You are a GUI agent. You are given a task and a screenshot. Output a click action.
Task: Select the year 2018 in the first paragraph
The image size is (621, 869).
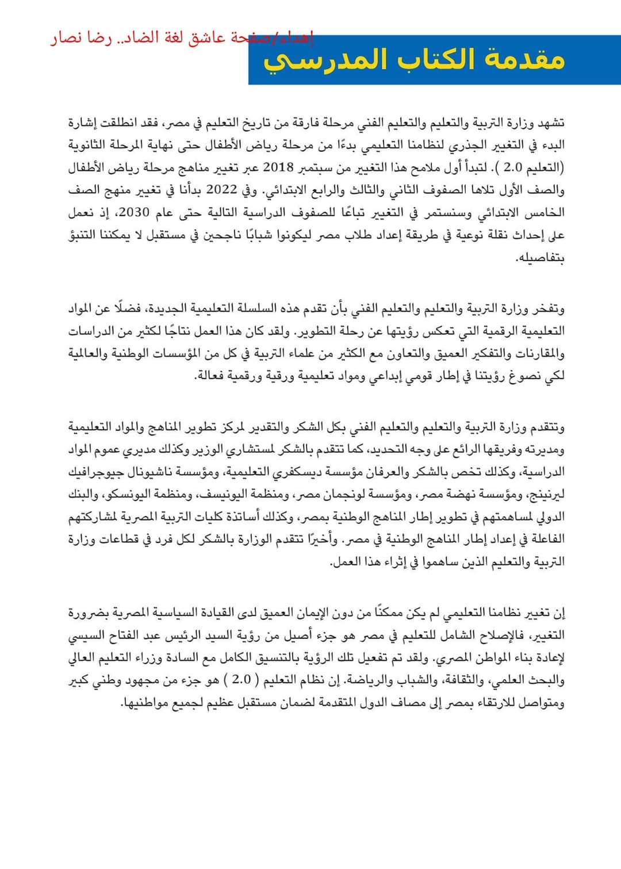(x=278, y=167)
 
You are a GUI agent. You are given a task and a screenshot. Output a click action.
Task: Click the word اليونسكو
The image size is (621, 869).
(x=133, y=494)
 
